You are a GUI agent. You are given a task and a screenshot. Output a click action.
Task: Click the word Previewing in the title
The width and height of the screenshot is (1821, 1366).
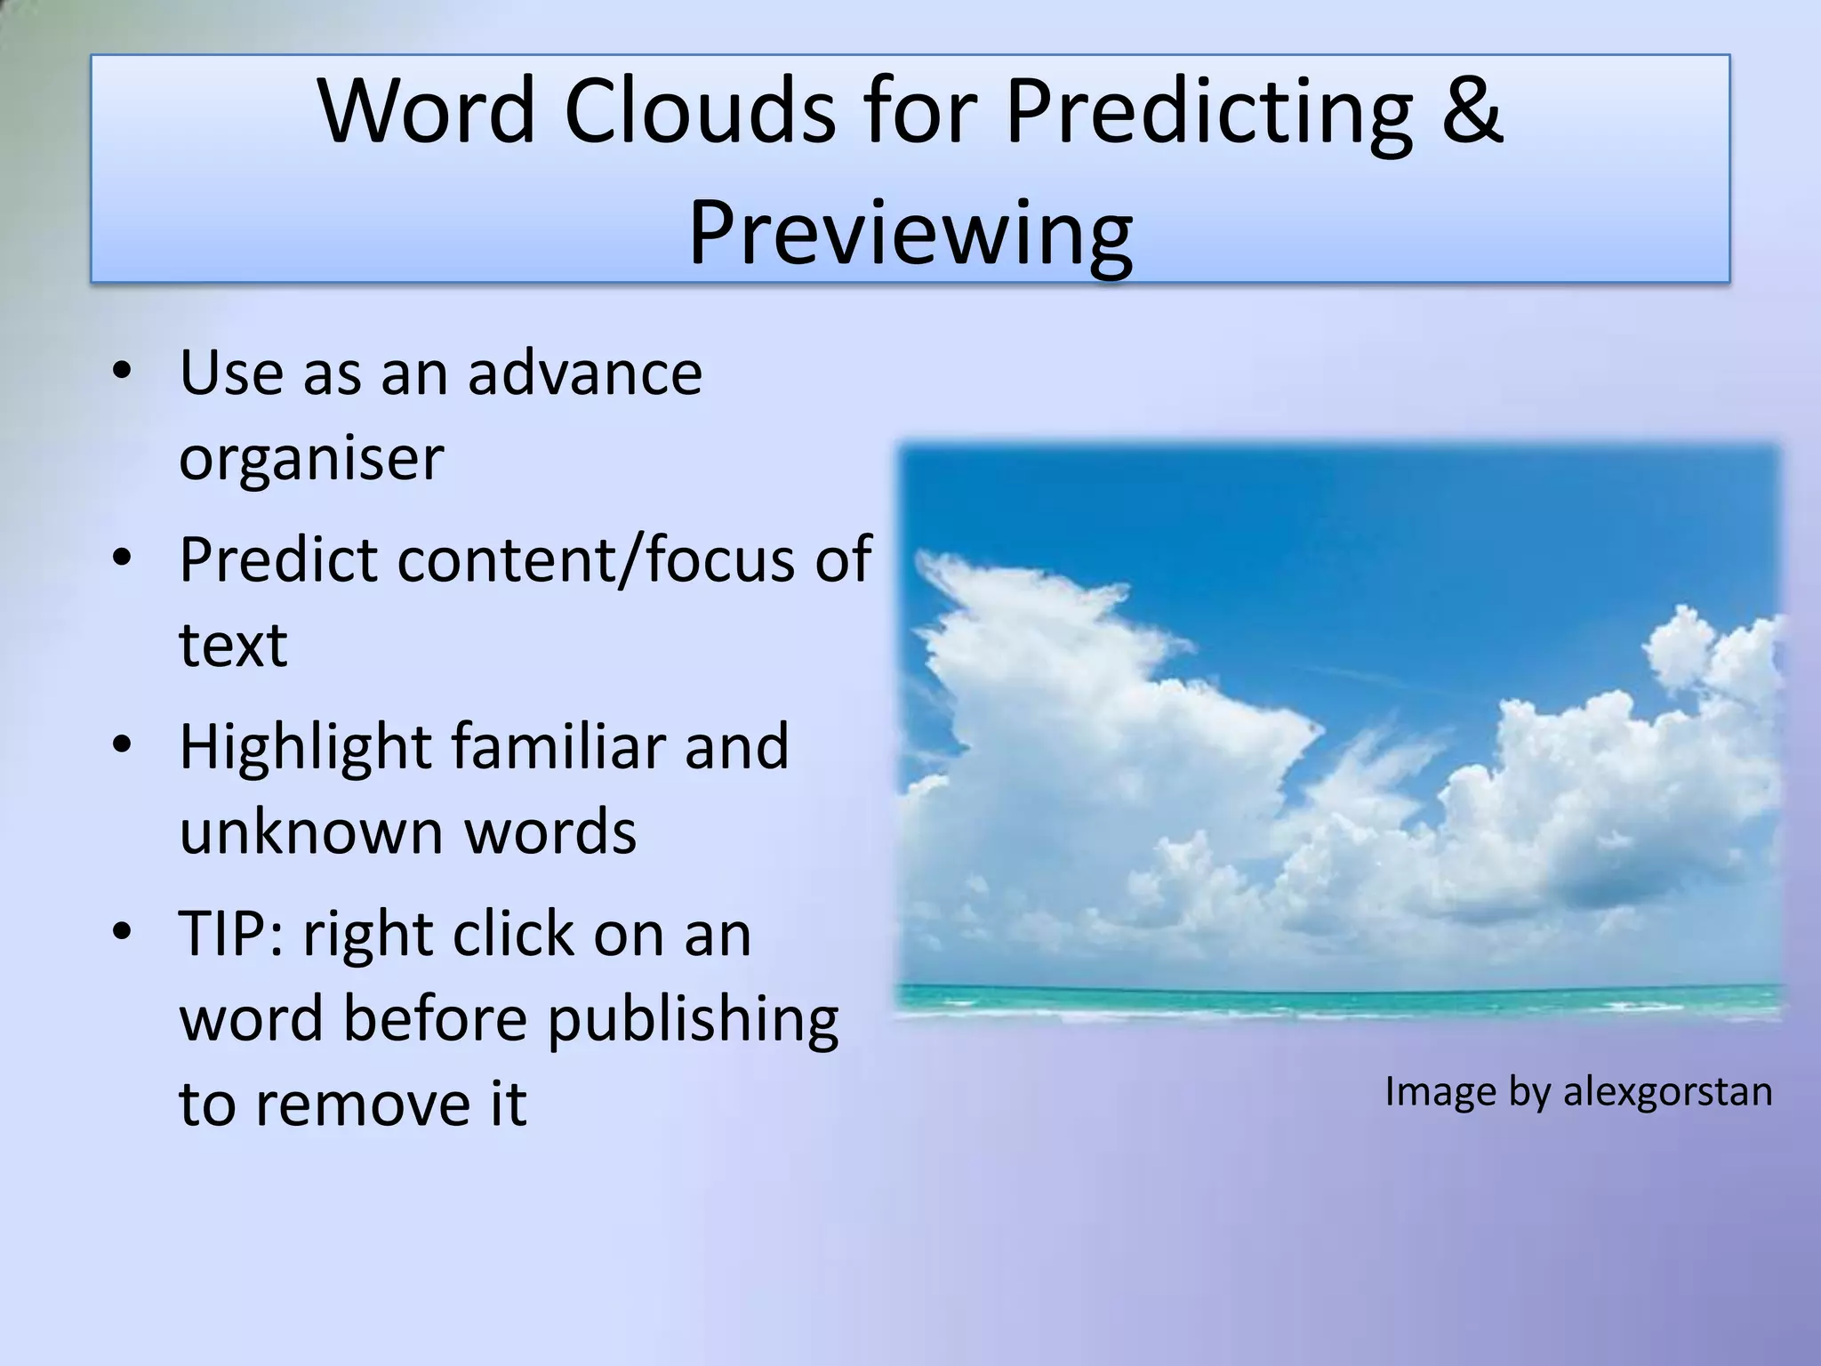(910, 234)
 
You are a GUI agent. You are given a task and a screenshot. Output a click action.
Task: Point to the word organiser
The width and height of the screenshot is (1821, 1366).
(311, 459)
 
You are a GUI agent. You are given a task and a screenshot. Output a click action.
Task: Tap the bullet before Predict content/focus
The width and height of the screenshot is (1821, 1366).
(122, 558)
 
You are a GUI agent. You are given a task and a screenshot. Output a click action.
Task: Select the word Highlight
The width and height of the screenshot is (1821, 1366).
(305, 746)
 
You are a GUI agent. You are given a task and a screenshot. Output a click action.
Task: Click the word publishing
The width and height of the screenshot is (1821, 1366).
(692, 1019)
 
